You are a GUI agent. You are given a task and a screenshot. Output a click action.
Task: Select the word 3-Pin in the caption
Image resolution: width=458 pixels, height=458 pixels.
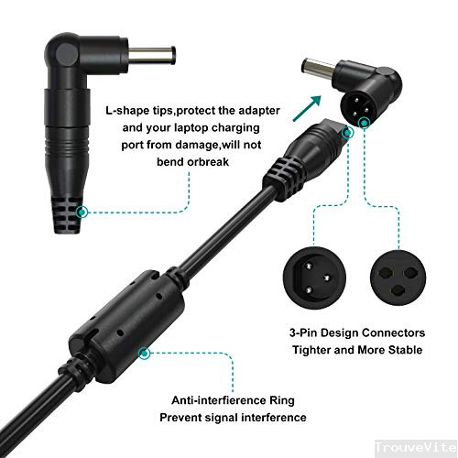click(295, 332)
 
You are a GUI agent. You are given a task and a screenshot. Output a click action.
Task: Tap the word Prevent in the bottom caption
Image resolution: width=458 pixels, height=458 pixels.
click(183, 419)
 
